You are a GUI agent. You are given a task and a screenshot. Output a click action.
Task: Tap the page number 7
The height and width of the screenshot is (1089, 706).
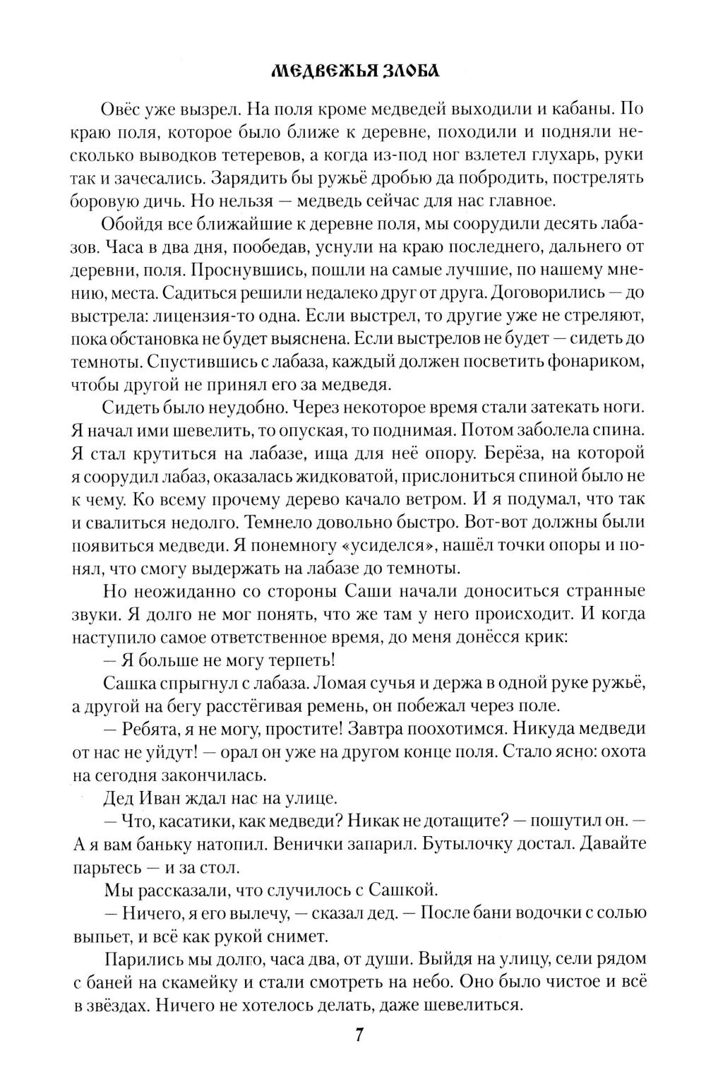359,1035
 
